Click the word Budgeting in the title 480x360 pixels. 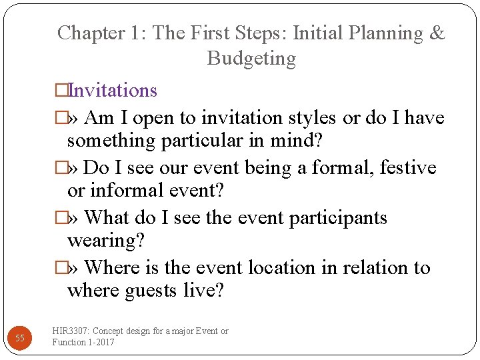point(251,59)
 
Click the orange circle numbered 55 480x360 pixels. point(20,338)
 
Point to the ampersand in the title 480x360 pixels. point(437,33)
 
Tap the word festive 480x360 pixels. point(408,167)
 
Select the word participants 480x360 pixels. point(338,218)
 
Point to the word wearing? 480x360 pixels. point(105,241)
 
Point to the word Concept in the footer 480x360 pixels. point(111,331)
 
